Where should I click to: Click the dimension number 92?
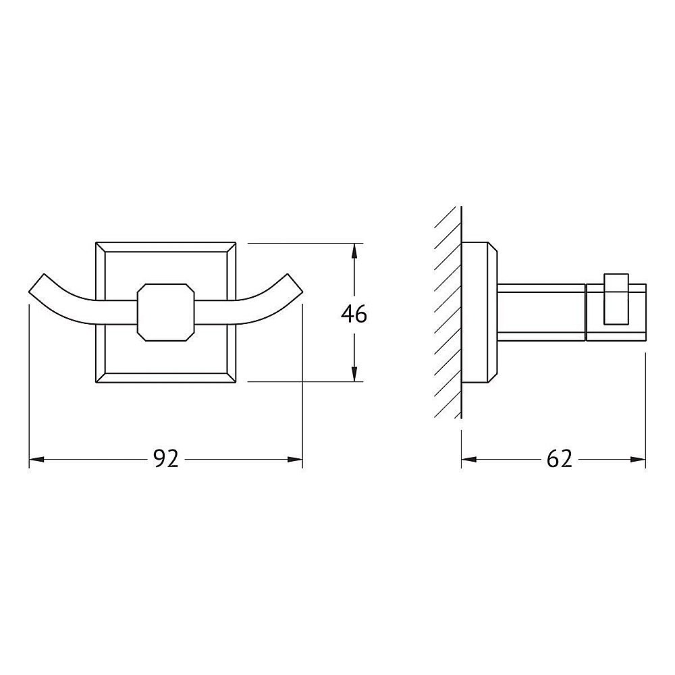166,459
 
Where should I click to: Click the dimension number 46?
354,314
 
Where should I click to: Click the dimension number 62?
559,459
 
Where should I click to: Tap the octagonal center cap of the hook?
166,313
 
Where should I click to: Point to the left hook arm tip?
36,285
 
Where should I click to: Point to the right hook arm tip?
295,285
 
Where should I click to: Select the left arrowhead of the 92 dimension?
36,459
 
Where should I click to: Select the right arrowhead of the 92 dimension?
296,459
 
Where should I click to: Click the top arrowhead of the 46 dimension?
354,251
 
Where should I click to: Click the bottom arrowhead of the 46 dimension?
354,374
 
